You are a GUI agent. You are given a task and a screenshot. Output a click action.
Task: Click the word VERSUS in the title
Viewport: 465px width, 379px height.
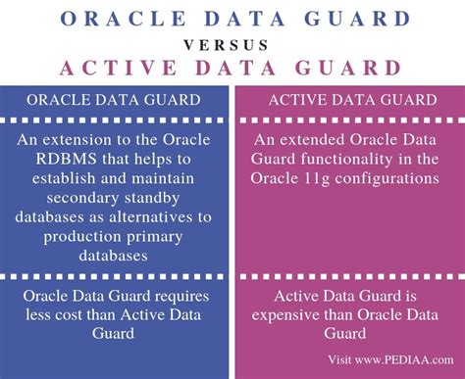coord(232,44)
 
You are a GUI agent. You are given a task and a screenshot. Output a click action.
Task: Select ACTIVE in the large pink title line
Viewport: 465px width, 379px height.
coord(121,69)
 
